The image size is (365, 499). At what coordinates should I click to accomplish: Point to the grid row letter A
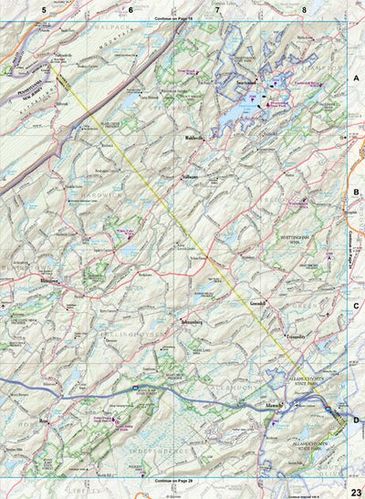(357, 79)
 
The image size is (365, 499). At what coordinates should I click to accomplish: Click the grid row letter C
(357, 306)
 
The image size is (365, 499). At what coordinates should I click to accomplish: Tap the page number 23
(354, 491)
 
